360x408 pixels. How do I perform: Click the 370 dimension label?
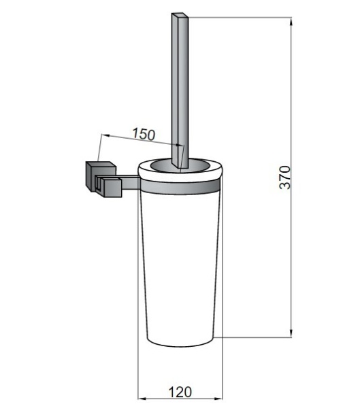pos(284,177)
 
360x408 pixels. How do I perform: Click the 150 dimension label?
pos(144,134)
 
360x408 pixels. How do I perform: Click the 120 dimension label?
pos(180,392)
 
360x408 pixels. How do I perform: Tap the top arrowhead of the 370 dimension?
pos(291,21)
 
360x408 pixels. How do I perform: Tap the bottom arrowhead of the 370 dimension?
pos(291,334)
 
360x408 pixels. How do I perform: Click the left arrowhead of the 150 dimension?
pos(105,135)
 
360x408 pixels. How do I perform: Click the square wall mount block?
pos(101,177)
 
